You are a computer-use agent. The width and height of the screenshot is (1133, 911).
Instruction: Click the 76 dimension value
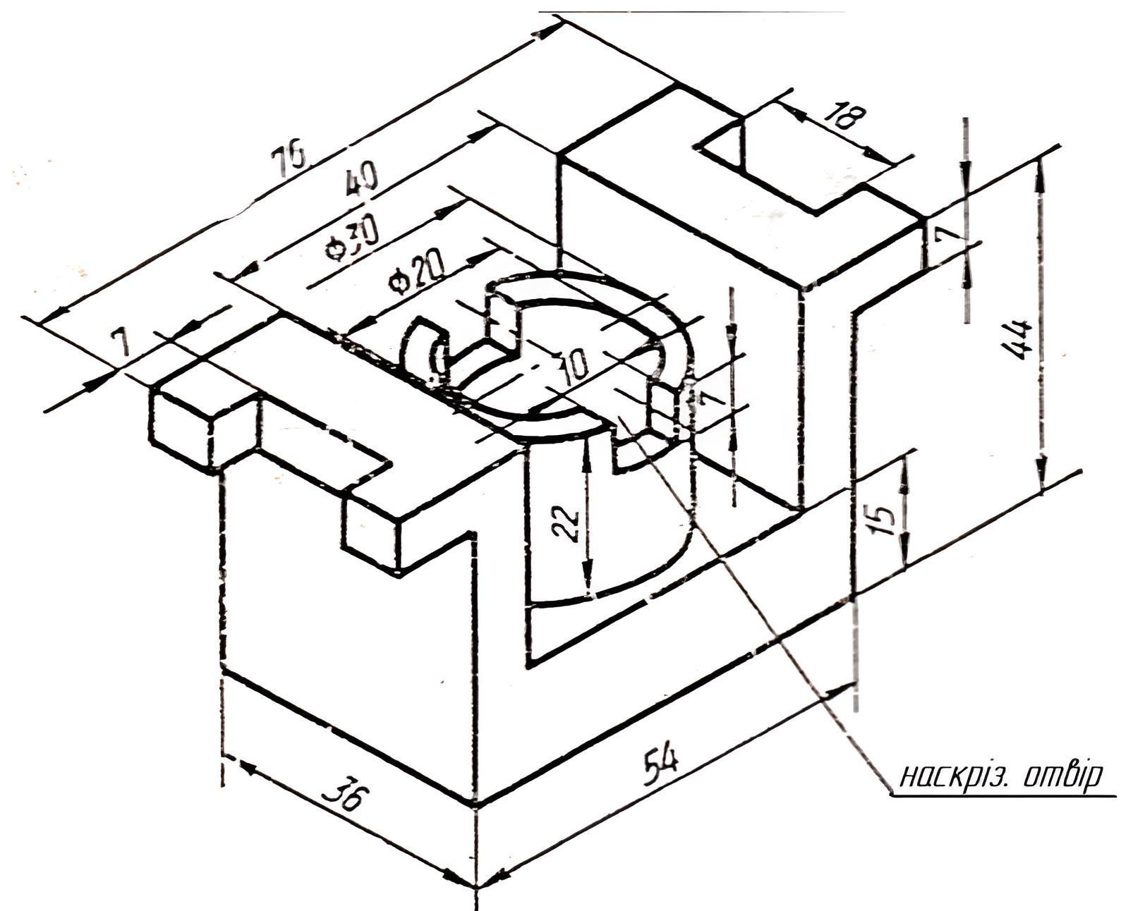(x=291, y=154)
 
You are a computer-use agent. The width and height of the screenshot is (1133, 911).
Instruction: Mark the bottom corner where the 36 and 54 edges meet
(x=476, y=805)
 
